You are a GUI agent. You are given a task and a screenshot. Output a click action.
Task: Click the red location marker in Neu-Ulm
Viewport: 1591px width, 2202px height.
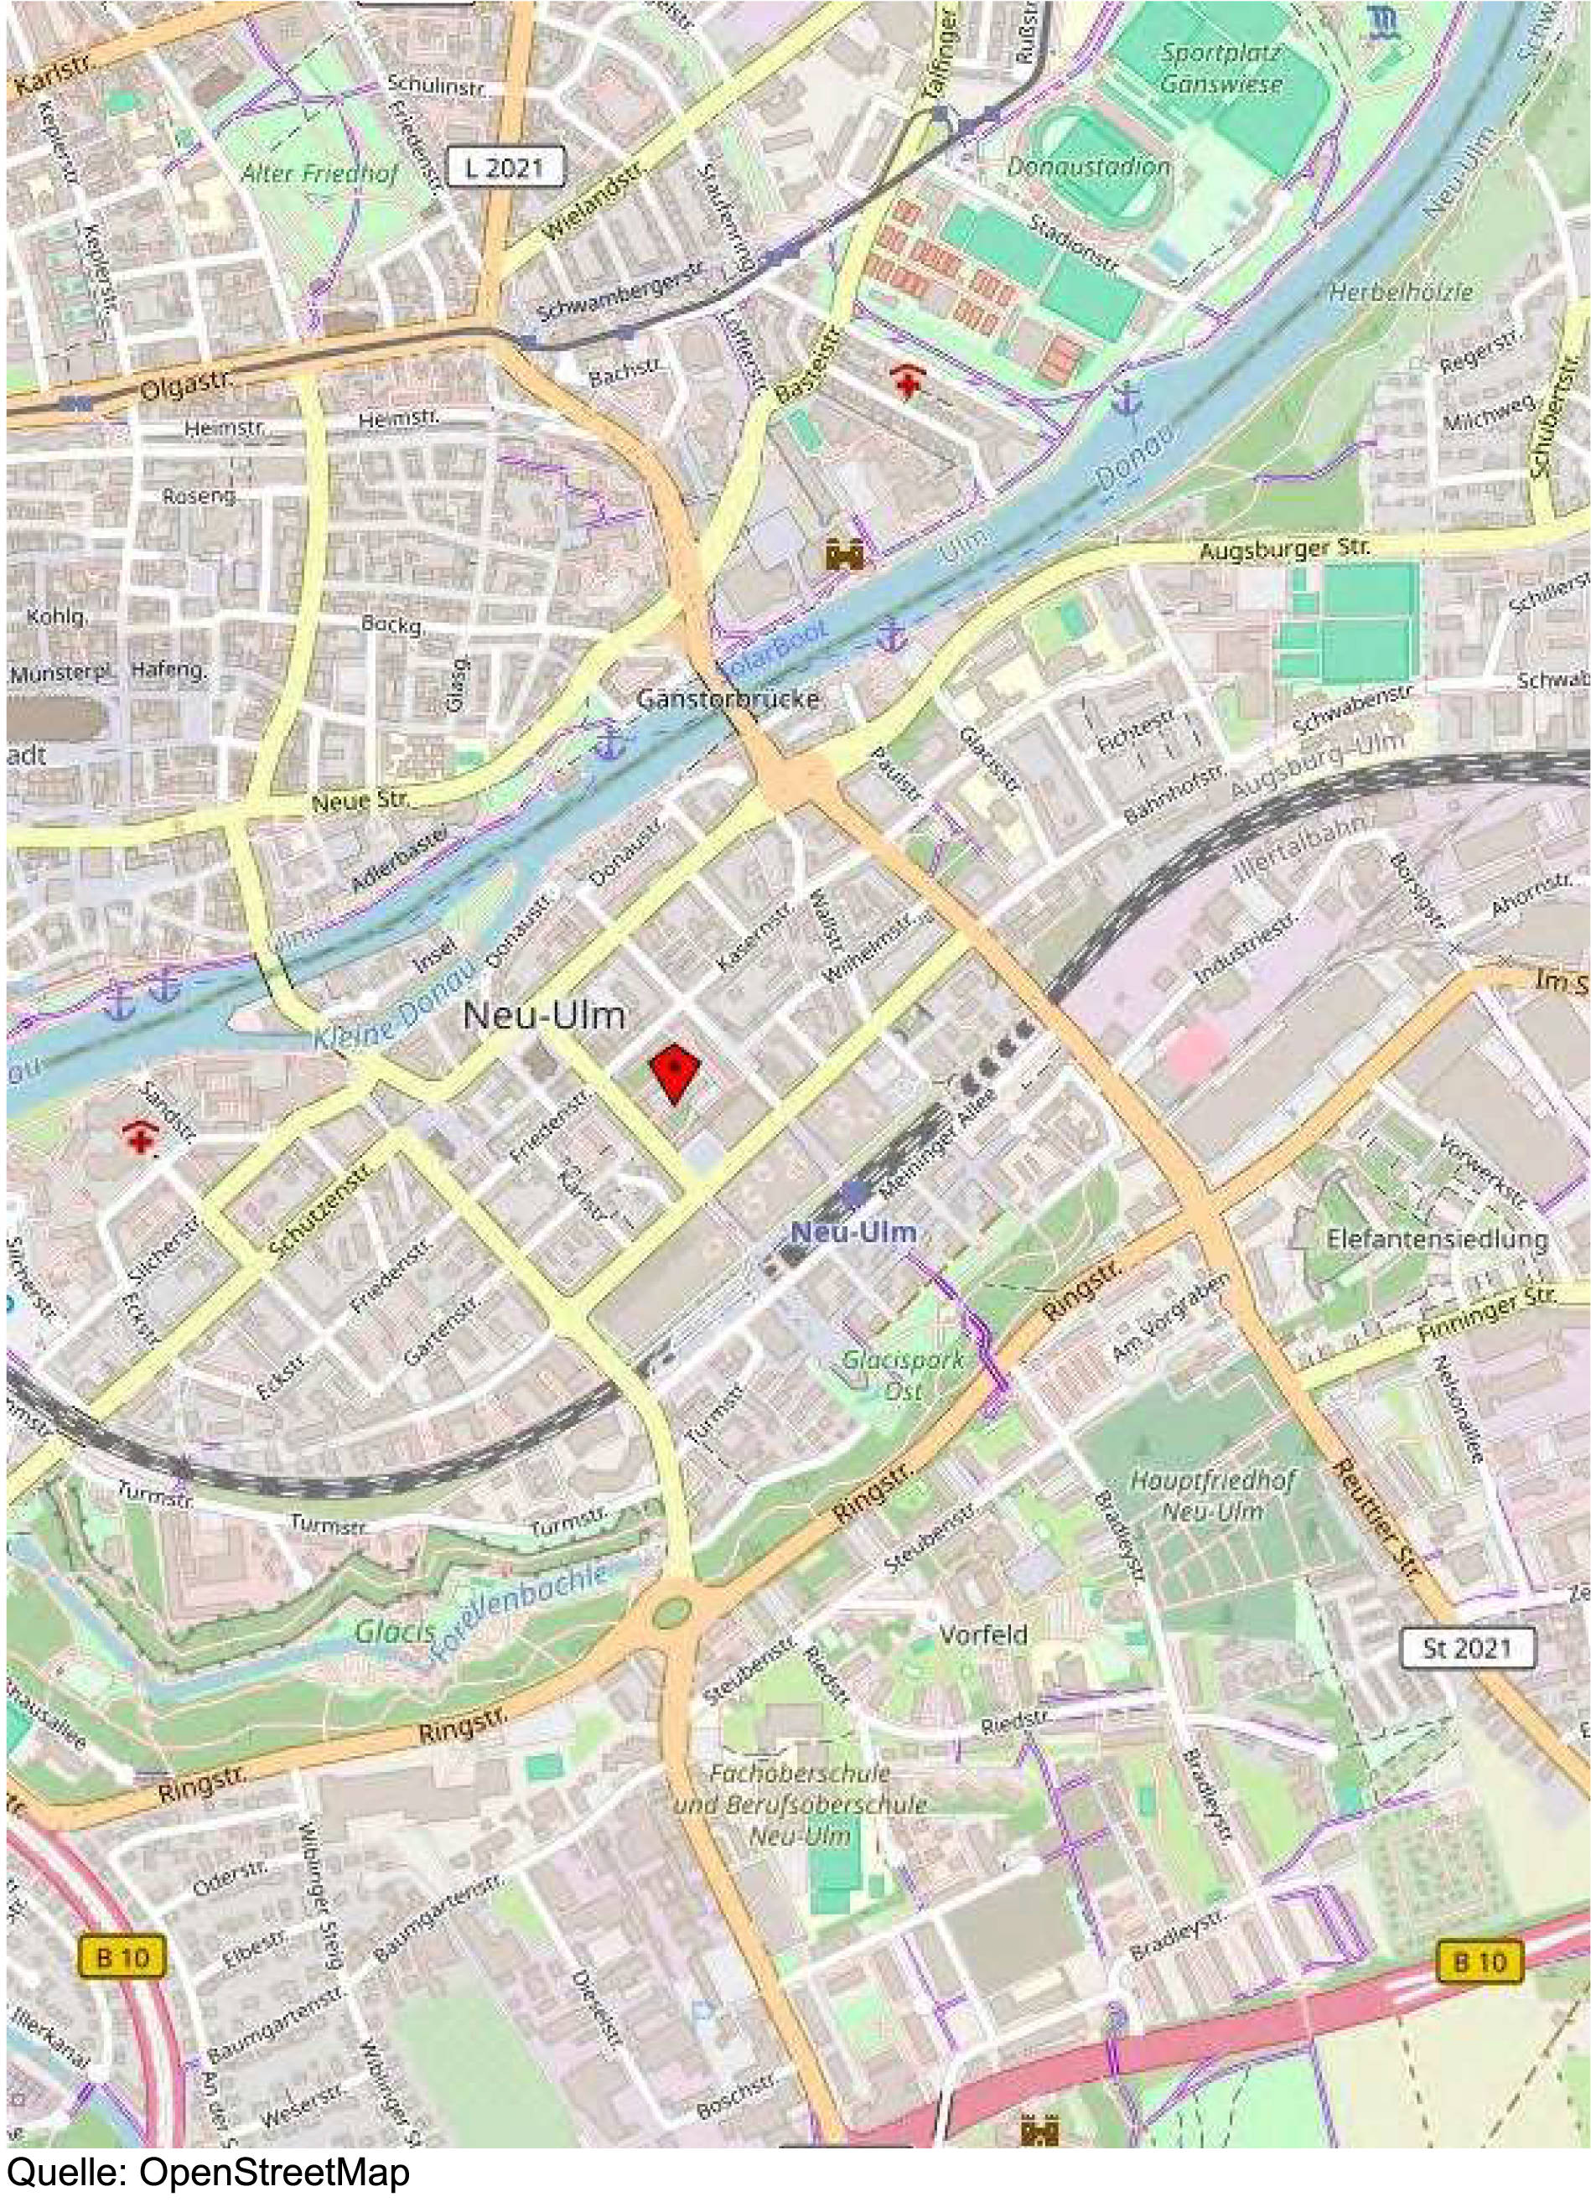675,1072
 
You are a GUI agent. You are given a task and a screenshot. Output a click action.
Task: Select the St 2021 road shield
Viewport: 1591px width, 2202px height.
1467,1648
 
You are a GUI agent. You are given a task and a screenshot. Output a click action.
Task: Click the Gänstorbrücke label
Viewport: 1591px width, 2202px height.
728,698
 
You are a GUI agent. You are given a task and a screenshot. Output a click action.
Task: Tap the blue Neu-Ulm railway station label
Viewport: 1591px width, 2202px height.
853,1232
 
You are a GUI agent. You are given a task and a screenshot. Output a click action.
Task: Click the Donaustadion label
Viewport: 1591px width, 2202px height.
1088,166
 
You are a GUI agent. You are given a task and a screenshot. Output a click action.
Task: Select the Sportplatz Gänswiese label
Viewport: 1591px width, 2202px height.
1220,68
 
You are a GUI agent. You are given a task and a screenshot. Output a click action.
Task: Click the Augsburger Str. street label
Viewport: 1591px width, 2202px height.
1284,550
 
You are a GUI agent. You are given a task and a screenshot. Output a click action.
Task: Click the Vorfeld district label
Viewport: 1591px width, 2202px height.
982,1634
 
